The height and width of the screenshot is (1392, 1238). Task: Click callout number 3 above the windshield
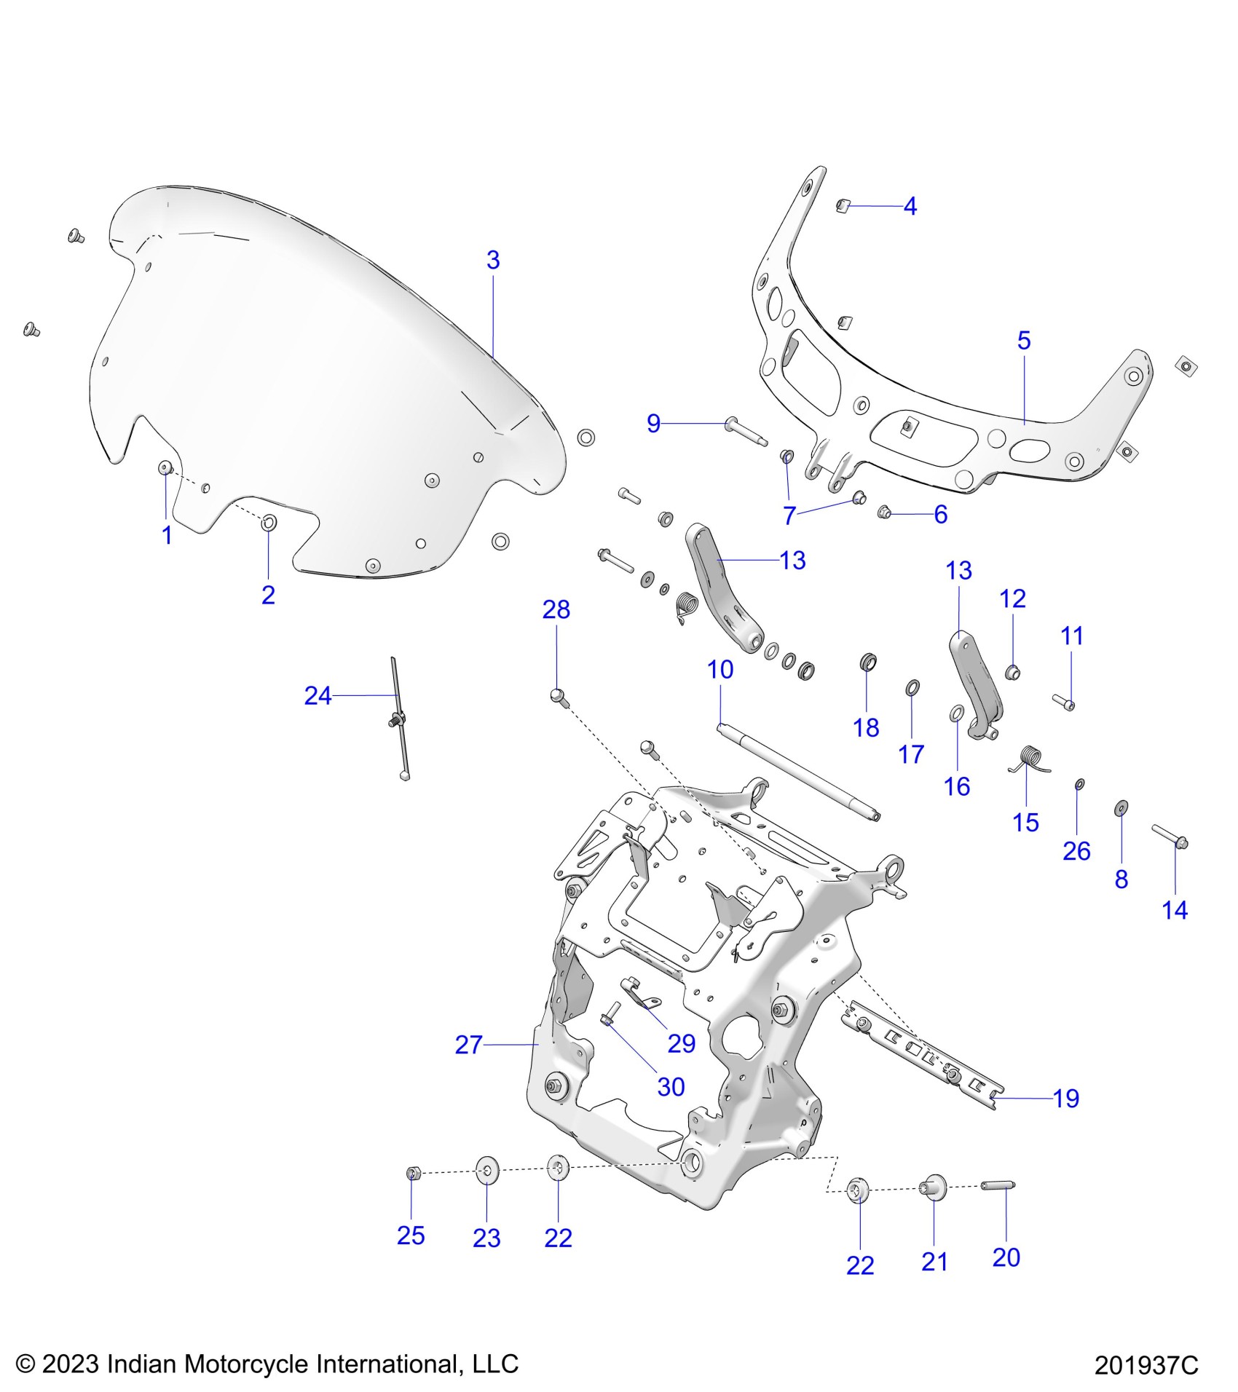[x=493, y=260]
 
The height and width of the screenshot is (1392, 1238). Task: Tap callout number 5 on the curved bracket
[x=1024, y=340]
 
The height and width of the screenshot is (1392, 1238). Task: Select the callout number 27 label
[x=469, y=1045]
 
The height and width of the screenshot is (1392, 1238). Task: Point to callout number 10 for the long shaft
[x=720, y=670]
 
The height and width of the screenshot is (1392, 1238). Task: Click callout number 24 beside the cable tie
[x=318, y=696]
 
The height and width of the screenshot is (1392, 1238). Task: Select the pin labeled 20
[x=998, y=1186]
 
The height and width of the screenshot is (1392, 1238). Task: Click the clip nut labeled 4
[x=843, y=205]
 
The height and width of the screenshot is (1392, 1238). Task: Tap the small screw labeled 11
[x=1064, y=702]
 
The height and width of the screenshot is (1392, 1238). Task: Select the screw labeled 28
[x=558, y=695]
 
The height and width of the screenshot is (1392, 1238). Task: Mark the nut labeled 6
[x=885, y=513]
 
